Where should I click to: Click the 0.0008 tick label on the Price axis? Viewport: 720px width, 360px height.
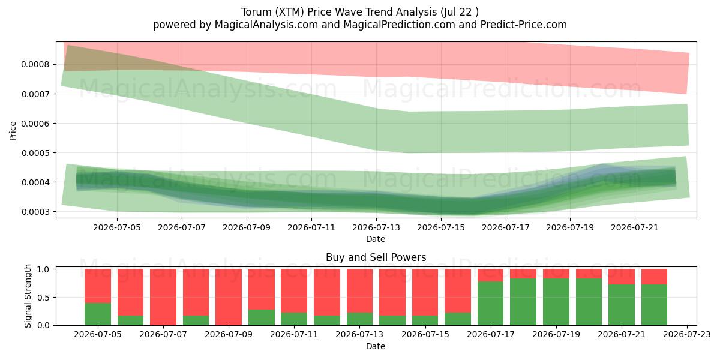tap(35, 65)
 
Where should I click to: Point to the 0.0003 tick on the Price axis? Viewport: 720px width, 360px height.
tap(35, 212)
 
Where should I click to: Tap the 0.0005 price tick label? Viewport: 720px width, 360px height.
tap(35, 153)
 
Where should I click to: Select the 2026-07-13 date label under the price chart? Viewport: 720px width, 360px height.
tap(376, 227)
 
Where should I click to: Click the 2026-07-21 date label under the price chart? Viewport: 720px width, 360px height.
tap(635, 227)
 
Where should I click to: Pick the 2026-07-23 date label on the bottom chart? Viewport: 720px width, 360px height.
tap(687, 335)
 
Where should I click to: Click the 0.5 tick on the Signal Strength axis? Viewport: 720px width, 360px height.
tap(43, 298)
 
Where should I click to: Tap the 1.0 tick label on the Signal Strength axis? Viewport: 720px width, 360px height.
tap(43, 269)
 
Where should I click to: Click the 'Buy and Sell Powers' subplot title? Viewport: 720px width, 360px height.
tap(376, 257)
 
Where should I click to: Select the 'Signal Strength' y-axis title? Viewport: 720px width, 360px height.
tap(28, 296)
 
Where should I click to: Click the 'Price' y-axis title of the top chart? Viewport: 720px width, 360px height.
tap(13, 131)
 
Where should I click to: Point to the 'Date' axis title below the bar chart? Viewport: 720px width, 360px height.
tap(376, 346)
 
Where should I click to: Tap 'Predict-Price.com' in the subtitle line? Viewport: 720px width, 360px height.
tap(524, 25)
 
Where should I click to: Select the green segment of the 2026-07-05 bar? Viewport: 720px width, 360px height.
tap(98, 314)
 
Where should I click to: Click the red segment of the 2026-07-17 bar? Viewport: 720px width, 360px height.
tap(491, 275)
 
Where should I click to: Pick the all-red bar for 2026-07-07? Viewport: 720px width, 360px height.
tap(163, 297)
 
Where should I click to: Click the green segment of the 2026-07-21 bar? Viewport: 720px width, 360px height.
tap(622, 305)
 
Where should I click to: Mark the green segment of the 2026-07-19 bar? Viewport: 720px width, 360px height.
tap(556, 302)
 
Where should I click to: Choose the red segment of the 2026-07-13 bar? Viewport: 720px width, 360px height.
tap(359, 291)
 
